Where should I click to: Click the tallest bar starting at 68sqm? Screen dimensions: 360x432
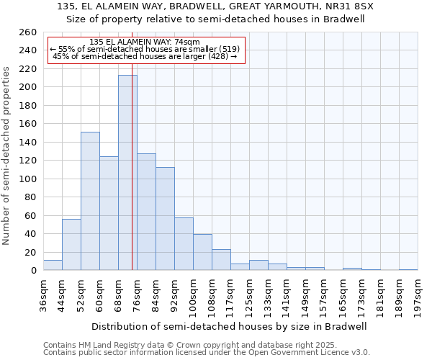(127, 173)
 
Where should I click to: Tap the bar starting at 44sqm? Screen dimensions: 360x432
(71, 245)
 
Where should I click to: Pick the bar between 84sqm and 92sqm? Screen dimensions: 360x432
(165, 219)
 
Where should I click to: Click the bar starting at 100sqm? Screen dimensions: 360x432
(202, 253)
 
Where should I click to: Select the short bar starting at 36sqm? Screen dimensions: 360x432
(53, 266)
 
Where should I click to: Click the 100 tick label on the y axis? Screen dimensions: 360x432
(27, 179)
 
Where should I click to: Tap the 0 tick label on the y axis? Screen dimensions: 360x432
(33, 271)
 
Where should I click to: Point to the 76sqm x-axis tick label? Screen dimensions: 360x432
(137, 294)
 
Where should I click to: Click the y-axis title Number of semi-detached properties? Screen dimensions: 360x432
(7, 155)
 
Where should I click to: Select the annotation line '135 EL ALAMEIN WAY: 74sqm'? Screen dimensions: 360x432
(146, 42)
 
